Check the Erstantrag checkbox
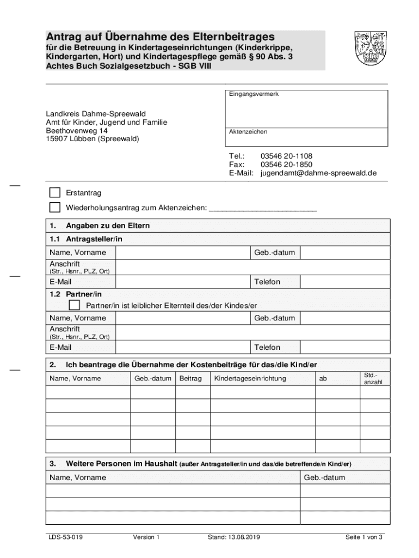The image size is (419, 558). point(55,193)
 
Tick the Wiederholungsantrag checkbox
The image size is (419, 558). point(55,208)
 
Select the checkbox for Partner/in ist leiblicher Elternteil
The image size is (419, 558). point(75,305)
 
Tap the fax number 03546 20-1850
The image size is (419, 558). point(286,165)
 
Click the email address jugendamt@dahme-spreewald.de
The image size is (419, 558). point(318,173)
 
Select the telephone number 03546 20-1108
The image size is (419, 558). point(286,156)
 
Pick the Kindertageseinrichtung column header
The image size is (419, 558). point(250,378)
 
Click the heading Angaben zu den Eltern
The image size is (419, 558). point(108,226)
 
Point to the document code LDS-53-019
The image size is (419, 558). point(64,537)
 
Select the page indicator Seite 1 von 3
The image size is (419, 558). point(364,537)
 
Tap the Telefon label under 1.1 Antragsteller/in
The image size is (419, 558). point(267,282)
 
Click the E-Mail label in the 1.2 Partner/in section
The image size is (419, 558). point(60,347)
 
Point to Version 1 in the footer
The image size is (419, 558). point(146,537)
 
